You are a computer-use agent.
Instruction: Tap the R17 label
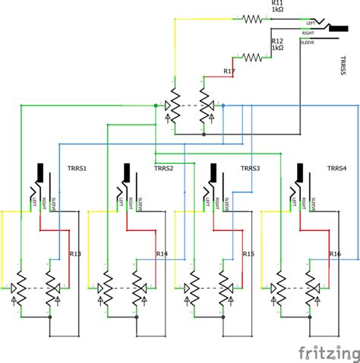pyautogui.click(x=229, y=71)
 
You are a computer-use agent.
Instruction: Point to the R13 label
pyautogui.click(x=74, y=254)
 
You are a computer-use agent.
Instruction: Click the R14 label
pyautogui.click(x=162, y=254)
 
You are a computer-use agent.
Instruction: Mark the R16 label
pyautogui.click(x=335, y=254)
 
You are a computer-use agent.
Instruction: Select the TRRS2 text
pyautogui.click(x=165, y=168)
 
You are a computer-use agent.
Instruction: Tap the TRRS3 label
pyautogui.click(x=251, y=168)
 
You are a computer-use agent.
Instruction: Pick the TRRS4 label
pyautogui.click(x=338, y=168)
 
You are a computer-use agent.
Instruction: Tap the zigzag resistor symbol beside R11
pyautogui.click(x=251, y=21)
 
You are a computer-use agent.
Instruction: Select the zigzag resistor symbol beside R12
pyautogui.click(x=251, y=56)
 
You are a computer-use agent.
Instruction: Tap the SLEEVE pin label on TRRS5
pyautogui.click(x=309, y=43)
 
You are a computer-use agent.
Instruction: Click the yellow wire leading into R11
pyautogui.click(x=205, y=21)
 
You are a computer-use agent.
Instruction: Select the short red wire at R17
pyautogui.click(x=220, y=76)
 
